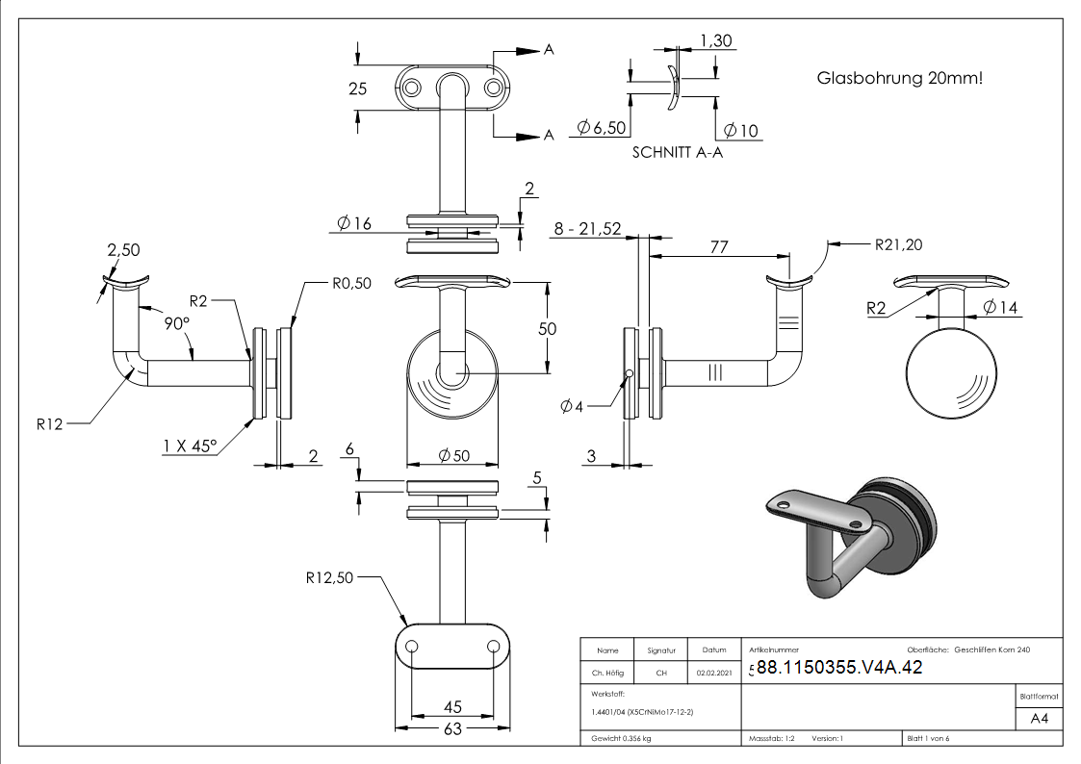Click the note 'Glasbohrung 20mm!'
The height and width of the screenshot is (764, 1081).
(900, 78)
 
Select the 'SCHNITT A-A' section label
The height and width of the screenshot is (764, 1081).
(678, 152)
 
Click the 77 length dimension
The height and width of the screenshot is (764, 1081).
(719, 246)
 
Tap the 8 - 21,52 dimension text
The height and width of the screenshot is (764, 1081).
(587, 229)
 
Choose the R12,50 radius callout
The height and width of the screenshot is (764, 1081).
(330, 578)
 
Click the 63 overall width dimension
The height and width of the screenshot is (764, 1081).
(451, 728)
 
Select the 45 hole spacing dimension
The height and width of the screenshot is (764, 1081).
(451, 707)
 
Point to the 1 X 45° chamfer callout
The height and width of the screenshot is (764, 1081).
(190, 446)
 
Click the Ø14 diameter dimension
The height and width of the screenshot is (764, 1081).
(1001, 308)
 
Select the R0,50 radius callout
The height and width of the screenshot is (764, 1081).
(351, 283)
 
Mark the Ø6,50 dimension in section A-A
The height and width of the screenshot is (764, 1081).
(602, 128)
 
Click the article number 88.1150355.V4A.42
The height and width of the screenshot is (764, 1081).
(839, 668)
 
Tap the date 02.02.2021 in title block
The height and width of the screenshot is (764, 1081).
(714, 673)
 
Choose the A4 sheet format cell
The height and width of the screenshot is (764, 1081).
(1039, 719)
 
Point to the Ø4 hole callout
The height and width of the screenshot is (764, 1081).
(572, 405)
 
